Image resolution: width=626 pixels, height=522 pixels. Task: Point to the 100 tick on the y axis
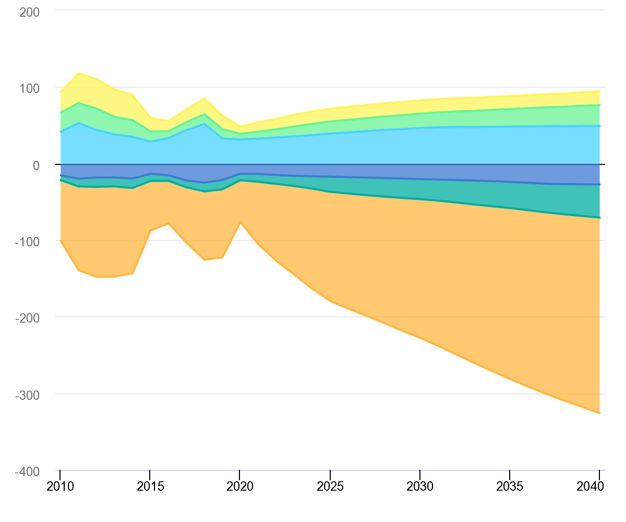pyautogui.click(x=29, y=88)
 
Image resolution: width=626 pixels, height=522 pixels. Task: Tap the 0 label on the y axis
pyautogui.click(x=37, y=164)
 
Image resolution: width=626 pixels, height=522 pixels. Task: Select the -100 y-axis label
pyautogui.click(x=27, y=241)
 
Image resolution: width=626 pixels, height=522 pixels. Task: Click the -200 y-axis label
pyautogui.click(x=27, y=317)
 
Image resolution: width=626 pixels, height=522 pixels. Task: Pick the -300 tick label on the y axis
pyautogui.click(x=27, y=394)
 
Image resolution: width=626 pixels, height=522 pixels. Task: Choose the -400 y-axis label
pyautogui.click(x=27, y=471)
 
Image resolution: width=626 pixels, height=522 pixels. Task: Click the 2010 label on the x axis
pyautogui.click(x=60, y=487)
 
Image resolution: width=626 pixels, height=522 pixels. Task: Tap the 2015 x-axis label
pyautogui.click(x=150, y=487)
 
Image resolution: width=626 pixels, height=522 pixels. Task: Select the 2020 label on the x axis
pyautogui.click(x=240, y=487)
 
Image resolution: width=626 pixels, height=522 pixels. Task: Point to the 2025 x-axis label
pyautogui.click(x=330, y=487)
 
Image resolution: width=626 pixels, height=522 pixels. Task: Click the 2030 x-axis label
pyautogui.click(x=420, y=487)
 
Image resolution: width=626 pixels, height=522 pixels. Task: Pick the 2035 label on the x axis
pyautogui.click(x=510, y=487)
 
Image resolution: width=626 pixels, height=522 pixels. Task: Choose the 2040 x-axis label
pyautogui.click(x=599, y=487)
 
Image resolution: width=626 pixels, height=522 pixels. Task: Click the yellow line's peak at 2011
pyautogui.click(x=78, y=73)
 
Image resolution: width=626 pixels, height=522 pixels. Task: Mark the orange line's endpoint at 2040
pyautogui.click(x=599, y=413)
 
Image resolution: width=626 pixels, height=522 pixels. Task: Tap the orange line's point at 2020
pyautogui.click(x=240, y=222)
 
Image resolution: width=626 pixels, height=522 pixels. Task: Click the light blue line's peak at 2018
pyautogui.click(x=204, y=124)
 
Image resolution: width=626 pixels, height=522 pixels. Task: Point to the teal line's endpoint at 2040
pyautogui.click(x=599, y=217)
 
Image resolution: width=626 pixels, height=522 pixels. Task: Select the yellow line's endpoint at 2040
pyautogui.click(x=599, y=91)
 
